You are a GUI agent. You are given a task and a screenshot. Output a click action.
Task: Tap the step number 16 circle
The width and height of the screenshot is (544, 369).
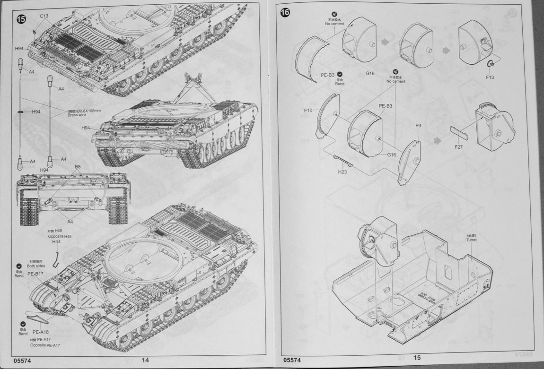[x=285, y=12]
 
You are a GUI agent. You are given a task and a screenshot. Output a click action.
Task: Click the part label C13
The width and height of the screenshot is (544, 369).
[x=44, y=16]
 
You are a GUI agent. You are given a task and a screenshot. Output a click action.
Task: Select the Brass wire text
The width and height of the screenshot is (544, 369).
[x=77, y=115]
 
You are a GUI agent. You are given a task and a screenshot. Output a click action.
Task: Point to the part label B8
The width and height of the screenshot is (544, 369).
[x=77, y=167]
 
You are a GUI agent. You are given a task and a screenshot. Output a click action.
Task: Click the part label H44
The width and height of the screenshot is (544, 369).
[x=57, y=241]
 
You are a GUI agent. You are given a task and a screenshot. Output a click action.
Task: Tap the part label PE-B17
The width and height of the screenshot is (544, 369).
[x=35, y=274]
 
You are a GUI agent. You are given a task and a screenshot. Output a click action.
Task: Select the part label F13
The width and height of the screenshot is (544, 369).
[x=490, y=77]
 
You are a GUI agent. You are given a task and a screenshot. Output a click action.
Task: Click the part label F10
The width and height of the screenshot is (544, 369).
[x=308, y=111]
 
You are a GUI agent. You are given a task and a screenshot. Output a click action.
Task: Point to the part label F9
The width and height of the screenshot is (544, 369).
[x=418, y=126]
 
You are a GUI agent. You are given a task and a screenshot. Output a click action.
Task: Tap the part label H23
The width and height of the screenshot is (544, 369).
[x=343, y=172]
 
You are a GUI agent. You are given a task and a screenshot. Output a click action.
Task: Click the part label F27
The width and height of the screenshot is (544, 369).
[x=458, y=147]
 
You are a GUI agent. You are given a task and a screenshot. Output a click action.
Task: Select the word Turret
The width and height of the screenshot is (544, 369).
[x=471, y=240]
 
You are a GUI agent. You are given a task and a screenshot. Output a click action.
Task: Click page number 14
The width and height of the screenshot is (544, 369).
[x=145, y=360]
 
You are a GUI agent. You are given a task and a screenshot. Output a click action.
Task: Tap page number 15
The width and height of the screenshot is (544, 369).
[x=417, y=358]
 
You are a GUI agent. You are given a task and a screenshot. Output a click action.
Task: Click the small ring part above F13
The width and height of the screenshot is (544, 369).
[x=491, y=64]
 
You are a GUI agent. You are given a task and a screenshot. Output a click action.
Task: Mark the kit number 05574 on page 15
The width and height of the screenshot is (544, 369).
[x=292, y=360]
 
